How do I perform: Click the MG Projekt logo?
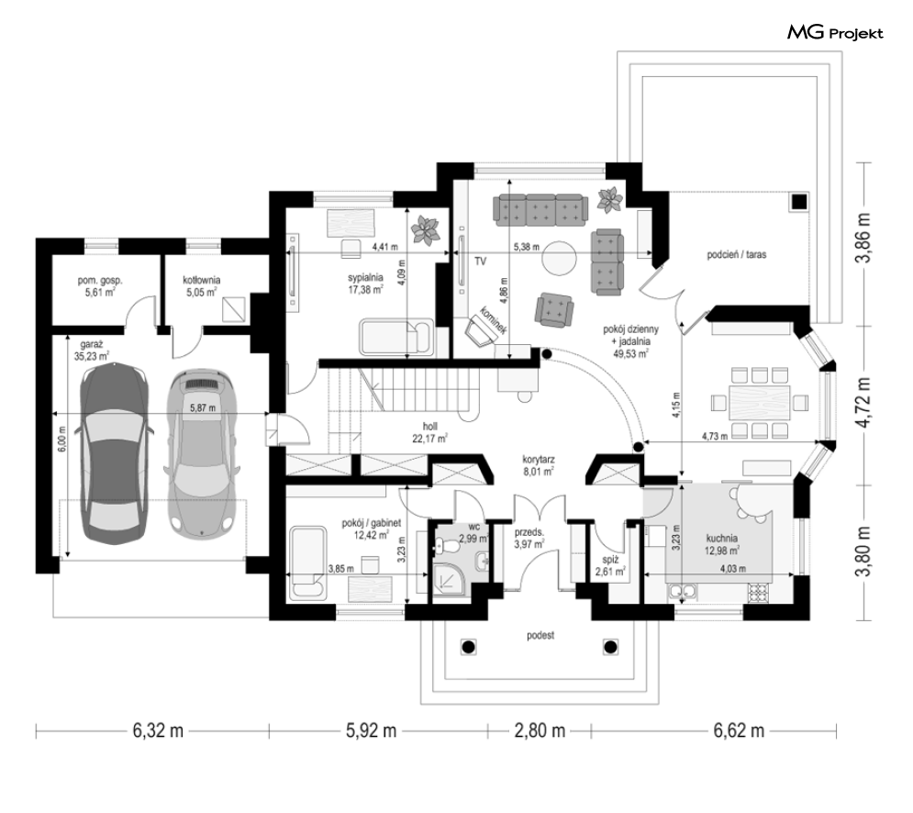(835, 33)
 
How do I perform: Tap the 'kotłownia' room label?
(202, 280)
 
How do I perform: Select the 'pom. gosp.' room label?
(100, 281)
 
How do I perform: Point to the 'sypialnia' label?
(365, 277)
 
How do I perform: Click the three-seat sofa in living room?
(540, 210)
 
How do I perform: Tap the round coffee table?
(560, 257)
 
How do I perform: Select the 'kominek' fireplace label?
(493, 319)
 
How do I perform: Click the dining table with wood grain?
(759, 402)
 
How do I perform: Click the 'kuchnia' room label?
(721, 539)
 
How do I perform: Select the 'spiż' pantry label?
(610, 560)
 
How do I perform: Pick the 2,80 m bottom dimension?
(540, 730)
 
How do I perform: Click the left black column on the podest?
(469, 646)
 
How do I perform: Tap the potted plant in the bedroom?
(426, 230)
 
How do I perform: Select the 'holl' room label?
(430, 427)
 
